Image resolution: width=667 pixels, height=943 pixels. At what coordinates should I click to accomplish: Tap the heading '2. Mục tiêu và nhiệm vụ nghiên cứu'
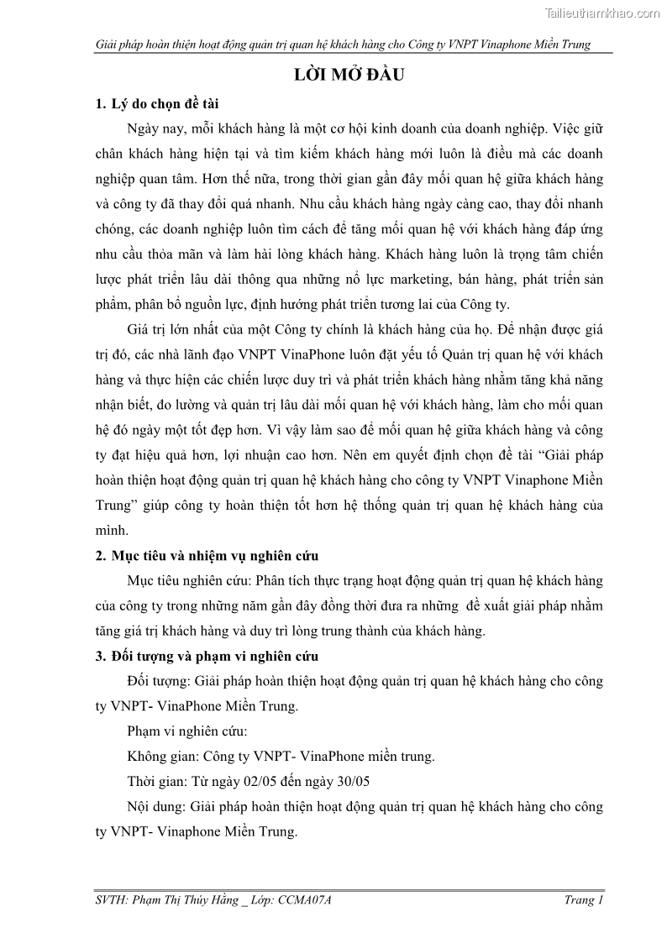[x=207, y=556]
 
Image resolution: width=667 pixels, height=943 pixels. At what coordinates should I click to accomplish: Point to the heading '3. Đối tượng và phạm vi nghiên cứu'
[x=207, y=656]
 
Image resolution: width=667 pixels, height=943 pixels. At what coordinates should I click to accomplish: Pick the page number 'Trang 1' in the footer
[x=584, y=900]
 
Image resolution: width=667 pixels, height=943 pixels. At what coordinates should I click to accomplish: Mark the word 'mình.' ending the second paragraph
[x=113, y=531]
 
